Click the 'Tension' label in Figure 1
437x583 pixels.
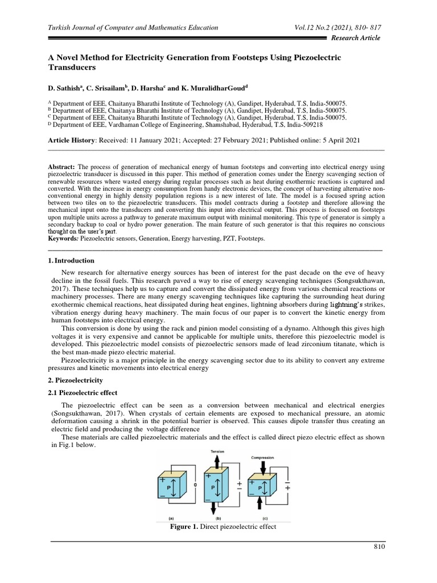218,451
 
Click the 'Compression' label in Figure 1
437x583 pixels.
263,457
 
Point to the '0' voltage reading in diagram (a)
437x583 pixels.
195,485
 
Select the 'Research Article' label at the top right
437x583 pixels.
356,38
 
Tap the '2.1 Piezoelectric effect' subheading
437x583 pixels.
81,392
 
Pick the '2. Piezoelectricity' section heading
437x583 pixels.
75,379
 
